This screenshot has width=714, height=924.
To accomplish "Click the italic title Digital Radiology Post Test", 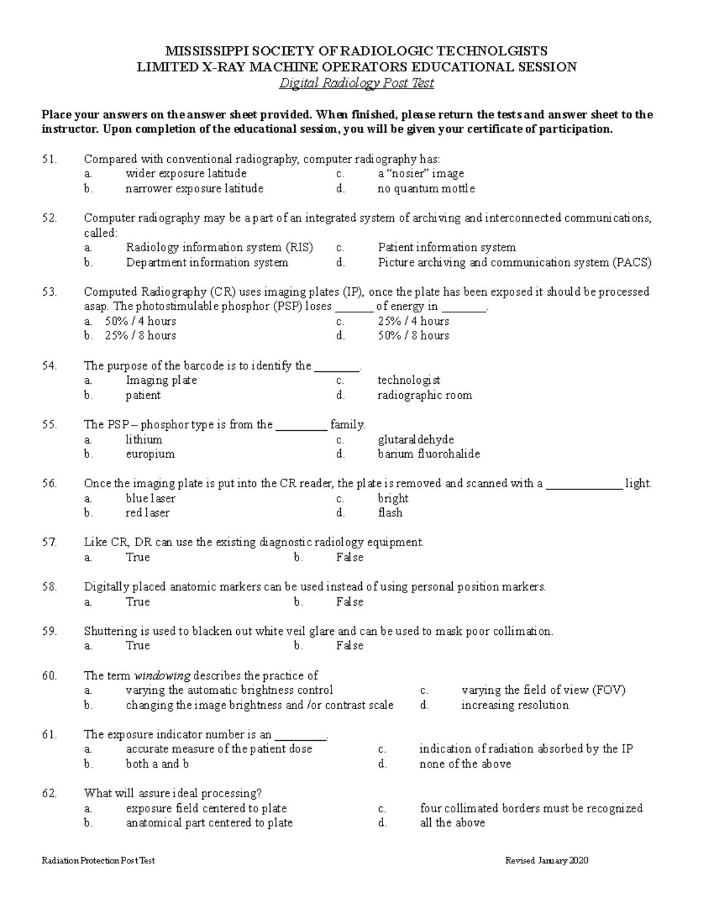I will (x=356, y=83).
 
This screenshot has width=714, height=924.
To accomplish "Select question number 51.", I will (x=49, y=159).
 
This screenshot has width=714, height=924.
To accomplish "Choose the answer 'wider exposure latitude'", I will (x=186, y=174).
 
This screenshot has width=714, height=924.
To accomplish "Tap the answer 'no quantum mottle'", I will (x=426, y=189).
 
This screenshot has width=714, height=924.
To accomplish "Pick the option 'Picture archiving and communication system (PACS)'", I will (x=514, y=262).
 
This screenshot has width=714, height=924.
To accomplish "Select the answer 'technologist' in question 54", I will (x=409, y=380).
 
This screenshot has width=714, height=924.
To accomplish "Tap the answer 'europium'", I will (x=150, y=454).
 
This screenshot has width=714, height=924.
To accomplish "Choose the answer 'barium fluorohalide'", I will (x=428, y=454).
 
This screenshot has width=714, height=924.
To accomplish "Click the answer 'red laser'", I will (x=148, y=513).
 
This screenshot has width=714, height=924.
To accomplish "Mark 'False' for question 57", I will (x=349, y=557).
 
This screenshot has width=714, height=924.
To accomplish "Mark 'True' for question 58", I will (x=137, y=602).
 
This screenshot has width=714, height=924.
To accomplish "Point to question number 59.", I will (x=49, y=631).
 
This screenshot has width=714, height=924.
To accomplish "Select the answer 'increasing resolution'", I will (x=515, y=705).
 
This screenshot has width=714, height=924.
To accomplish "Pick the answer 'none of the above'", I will (x=465, y=764).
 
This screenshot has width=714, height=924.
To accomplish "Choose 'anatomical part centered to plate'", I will (x=209, y=823).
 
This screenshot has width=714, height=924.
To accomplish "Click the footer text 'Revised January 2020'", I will (x=546, y=860).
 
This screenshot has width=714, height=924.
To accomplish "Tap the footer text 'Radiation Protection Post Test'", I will (x=98, y=860).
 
